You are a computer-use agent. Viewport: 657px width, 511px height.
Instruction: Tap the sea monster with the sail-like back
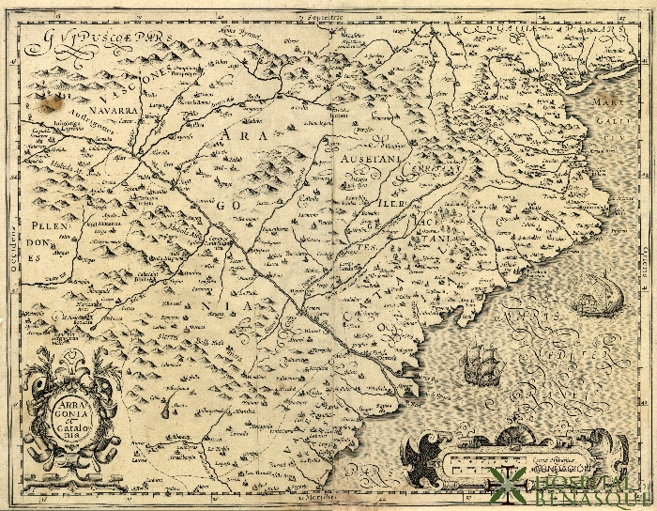coord(592,295)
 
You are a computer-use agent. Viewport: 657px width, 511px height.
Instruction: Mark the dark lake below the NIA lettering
coord(168,406)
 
